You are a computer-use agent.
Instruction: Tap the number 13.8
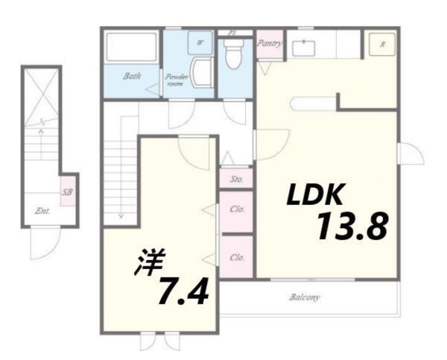(x=351, y=226)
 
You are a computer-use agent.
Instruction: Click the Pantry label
(x=269, y=43)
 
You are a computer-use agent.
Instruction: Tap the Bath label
(x=133, y=76)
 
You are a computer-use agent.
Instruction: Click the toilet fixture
(x=233, y=54)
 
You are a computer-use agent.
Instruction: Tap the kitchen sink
(x=303, y=48)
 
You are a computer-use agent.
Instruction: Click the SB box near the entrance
(x=68, y=192)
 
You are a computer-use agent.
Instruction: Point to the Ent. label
(x=42, y=211)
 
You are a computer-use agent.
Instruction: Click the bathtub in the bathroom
(x=131, y=47)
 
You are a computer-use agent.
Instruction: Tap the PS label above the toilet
(x=232, y=32)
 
